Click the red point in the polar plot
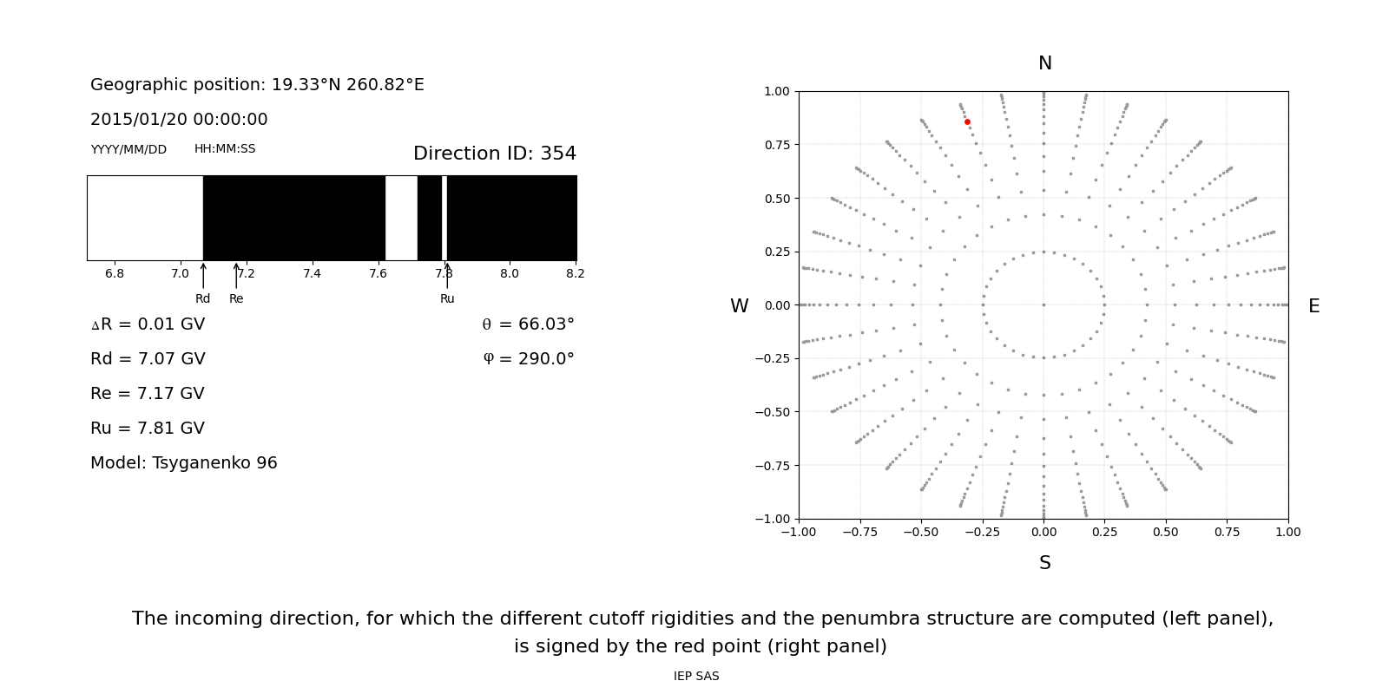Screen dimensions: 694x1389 coord(967,122)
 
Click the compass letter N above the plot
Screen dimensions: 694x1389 coord(1044,63)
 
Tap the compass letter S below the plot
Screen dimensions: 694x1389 coord(1044,563)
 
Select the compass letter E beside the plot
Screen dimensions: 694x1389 coord(1313,306)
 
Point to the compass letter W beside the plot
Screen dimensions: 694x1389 coord(739,306)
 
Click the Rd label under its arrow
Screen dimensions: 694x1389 coord(202,298)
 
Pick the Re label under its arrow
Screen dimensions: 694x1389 coord(236,298)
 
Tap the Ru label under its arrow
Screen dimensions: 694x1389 coord(447,298)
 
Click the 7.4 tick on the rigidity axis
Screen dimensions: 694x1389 coord(312,274)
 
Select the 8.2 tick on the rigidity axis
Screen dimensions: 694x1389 coord(575,274)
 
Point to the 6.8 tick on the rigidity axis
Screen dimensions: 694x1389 coord(115,274)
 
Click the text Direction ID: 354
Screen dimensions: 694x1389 coord(494,154)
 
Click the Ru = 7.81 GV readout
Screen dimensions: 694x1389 coord(148,429)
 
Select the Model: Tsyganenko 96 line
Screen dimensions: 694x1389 coord(184,463)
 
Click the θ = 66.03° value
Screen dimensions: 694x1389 coord(528,324)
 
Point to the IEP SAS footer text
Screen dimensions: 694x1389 coord(696,677)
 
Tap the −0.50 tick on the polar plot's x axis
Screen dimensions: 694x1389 coord(921,532)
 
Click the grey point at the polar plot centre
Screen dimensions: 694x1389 coord(1043,304)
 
